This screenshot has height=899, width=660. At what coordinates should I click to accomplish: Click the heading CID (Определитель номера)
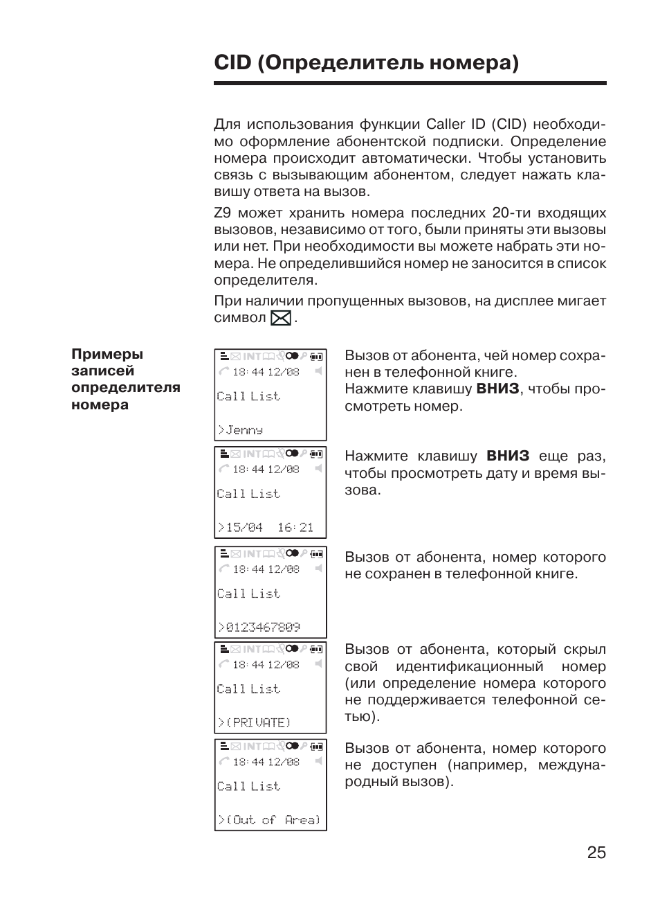[366, 63]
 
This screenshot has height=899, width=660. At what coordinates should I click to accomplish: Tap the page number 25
[596, 853]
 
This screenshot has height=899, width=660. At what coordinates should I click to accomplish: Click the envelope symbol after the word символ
[281, 319]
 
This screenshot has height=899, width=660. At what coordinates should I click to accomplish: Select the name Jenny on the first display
[244, 430]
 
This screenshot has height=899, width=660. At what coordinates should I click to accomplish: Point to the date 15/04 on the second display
[244, 528]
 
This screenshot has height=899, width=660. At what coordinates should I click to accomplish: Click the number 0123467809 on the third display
[263, 627]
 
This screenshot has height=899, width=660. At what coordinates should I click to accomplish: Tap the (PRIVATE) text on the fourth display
[258, 722]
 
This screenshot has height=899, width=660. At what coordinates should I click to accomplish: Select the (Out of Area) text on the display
[273, 820]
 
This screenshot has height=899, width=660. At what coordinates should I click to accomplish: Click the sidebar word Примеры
[107, 354]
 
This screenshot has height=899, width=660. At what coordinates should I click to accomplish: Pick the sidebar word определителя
[125, 388]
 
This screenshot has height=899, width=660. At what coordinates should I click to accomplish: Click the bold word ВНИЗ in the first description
[497, 389]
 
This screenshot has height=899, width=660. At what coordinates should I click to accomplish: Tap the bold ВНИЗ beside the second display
[508, 456]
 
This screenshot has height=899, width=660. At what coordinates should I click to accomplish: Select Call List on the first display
[248, 396]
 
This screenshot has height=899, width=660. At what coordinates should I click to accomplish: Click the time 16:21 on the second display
[295, 528]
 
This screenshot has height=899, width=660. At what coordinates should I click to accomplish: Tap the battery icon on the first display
[316, 357]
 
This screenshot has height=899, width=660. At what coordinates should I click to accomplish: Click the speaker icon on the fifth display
[318, 761]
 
